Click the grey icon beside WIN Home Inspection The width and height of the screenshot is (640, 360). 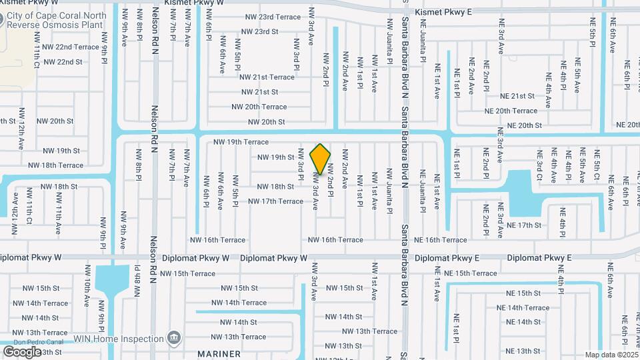tap(173, 338)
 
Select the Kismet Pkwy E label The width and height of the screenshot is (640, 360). tap(443, 12)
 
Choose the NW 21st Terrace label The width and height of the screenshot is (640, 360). tap(267, 77)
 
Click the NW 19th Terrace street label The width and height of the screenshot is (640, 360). tap(241, 142)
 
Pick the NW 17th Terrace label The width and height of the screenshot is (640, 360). tap(275, 201)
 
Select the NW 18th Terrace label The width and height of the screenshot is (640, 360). tap(62, 165)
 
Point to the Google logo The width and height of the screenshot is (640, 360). tap(22, 351)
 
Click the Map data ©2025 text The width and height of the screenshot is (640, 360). tap(611, 355)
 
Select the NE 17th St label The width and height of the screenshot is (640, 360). tap(523, 225)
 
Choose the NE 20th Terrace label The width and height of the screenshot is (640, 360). tap(511, 111)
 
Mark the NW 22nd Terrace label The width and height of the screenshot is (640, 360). tap(70, 47)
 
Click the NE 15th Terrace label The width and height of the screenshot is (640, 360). tap(471, 273)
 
